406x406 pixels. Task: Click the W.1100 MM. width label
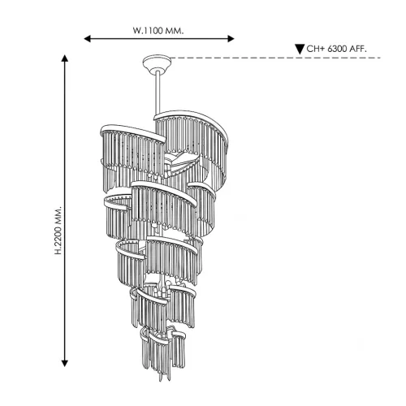point(158,31)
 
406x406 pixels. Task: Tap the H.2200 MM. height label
point(58,231)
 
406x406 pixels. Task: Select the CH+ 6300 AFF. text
point(336,49)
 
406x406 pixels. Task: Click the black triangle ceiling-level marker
point(300,50)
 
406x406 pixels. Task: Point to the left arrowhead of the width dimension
point(87,39)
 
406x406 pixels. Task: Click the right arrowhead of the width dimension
point(231,39)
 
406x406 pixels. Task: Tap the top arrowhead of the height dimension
point(64,58)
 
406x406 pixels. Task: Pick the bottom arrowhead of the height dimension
point(64,363)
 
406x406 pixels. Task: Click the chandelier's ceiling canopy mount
point(157,64)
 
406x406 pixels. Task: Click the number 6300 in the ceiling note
point(337,49)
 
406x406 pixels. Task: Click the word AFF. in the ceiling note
point(358,49)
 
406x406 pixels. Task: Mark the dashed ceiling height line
point(275,58)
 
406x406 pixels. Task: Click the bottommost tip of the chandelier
point(161,381)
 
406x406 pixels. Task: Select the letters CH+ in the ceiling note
point(316,49)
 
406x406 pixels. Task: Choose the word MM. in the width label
point(175,31)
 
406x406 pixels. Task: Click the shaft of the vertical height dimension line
point(64,210)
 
